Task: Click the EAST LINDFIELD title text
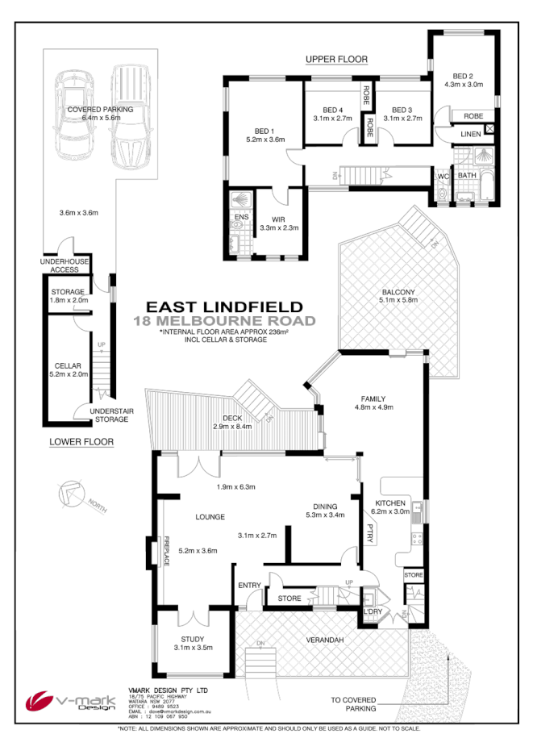coord(224,307)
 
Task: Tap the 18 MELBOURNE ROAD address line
coord(224,320)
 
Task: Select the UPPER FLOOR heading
coord(336,60)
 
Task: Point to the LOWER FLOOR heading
coord(81,441)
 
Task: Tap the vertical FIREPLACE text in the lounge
coord(167,552)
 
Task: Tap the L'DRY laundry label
coord(373,611)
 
